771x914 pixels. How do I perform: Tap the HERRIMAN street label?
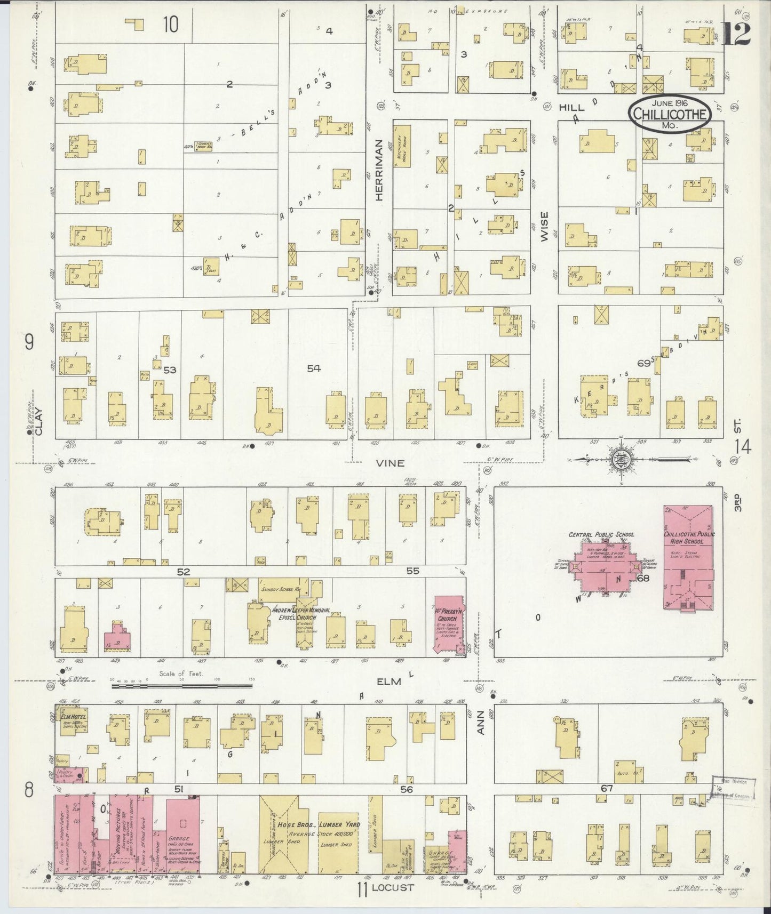pos(379,170)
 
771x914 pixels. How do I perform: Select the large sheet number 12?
pos(736,33)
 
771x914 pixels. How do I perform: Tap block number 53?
pos(170,369)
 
